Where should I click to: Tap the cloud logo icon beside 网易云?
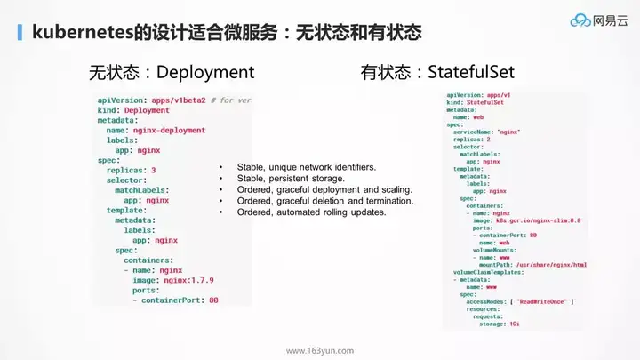[580, 20]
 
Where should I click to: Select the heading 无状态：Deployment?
[171, 70]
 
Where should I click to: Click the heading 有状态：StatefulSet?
[436, 70]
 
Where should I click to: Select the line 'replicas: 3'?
[131, 170]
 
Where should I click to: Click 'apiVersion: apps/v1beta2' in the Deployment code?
[153, 100]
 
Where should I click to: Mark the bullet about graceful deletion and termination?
[324, 201]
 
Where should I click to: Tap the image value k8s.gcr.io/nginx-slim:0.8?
[527, 219]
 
